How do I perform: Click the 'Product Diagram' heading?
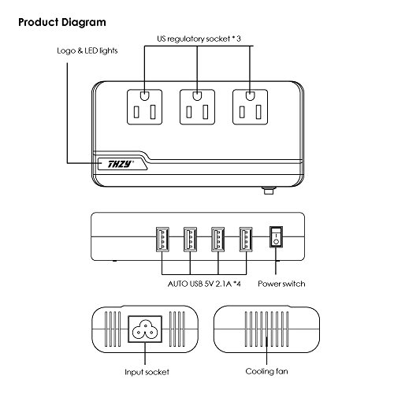click(62, 23)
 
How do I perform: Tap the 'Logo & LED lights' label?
click(87, 50)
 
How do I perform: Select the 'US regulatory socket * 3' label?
click(199, 39)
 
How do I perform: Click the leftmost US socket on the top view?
click(144, 107)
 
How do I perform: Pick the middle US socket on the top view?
click(197, 107)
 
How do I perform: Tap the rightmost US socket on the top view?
click(251, 107)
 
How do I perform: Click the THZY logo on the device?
click(121, 164)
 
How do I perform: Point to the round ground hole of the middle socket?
click(197, 96)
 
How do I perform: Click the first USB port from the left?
click(162, 240)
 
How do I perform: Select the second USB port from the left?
click(190, 240)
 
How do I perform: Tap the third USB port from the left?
click(218, 240)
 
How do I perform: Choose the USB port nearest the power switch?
click(246, 240)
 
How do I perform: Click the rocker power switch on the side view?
click(276, 236)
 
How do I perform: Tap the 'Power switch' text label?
click(281, 284)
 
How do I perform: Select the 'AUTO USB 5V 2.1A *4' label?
click(204, 284)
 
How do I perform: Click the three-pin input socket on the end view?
click(145, 329)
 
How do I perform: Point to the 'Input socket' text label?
click(147, 372)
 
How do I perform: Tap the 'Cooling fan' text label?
click(266, 371)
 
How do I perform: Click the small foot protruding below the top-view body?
click(268, 191)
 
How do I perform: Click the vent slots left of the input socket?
click(113, 329)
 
